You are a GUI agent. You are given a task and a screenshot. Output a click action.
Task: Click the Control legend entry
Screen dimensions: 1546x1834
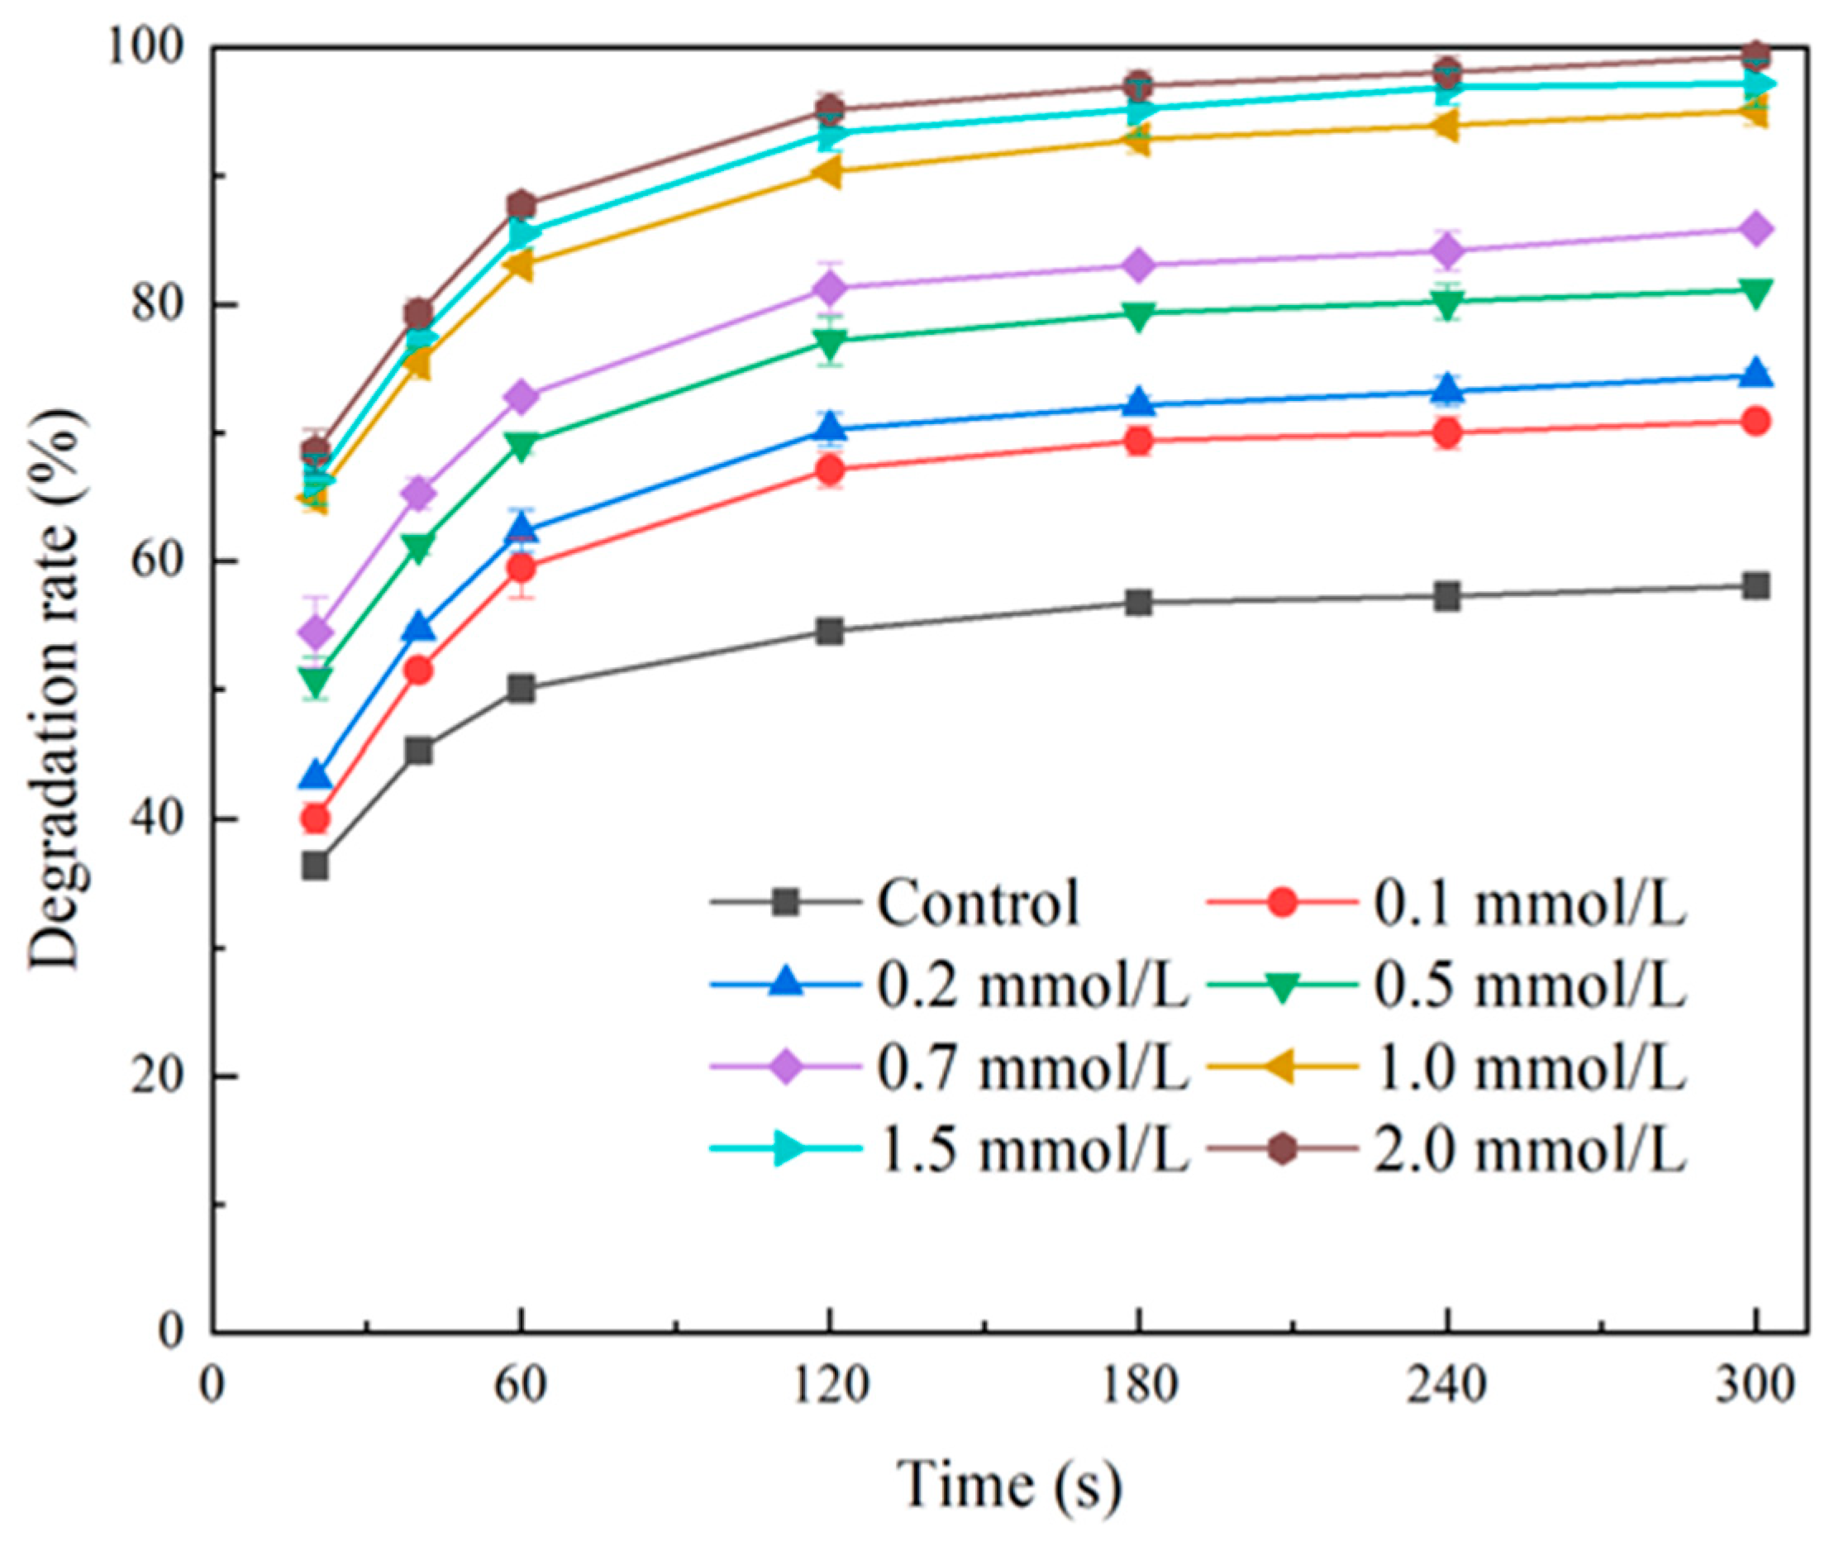[x=977, y=903]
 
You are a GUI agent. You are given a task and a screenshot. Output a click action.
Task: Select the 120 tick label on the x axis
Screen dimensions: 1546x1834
[x=829, y=1386]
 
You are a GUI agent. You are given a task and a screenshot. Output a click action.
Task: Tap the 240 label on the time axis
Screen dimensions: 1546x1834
[x=1447, y=1386]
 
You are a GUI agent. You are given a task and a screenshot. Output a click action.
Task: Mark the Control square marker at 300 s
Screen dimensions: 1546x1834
[x=1756, y=585]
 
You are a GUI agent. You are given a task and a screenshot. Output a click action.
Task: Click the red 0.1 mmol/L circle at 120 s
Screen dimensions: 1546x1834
[x=829, y=470]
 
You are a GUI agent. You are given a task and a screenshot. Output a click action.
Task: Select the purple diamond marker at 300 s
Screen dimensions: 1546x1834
[x=1756, y=229]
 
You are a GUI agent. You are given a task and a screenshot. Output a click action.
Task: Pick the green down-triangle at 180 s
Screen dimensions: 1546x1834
[x=1138, y=316]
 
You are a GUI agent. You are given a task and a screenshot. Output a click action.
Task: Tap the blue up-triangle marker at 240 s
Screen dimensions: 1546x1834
[x=1447, y=389]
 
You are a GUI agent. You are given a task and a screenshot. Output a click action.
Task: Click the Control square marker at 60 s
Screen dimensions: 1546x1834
[x=522, y=688]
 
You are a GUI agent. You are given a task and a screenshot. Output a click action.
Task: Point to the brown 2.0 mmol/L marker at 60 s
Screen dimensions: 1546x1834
[x=522, y=205]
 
